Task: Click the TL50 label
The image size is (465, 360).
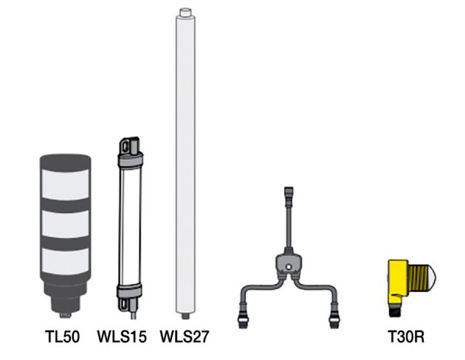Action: pyautogui.click(x=62, y=336)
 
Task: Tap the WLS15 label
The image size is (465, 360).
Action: pyautogui.click(x=122, y=336)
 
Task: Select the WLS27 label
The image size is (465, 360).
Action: pyautogui.click(x=185, y=336)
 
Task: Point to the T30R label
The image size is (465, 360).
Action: pyautogui.click(x=406, y=336)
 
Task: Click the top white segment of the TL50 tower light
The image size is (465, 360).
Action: pyautogui.click(x=65, y=184)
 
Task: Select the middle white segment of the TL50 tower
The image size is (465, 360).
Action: pyautogui.click(x=65, y=224)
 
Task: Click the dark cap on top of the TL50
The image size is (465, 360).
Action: pyautogui.click(x=65, y=162)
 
